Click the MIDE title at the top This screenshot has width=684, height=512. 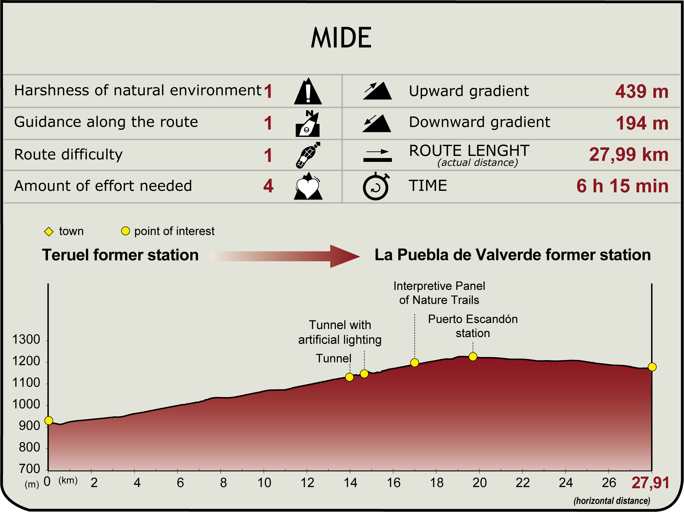(341, 38)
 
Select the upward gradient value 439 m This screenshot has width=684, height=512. (642, 91)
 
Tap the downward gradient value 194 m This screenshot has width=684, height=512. (642, 123)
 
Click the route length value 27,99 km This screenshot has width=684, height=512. (628, 154)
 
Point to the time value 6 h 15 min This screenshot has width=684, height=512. (622, 186)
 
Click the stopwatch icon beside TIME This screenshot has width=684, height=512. (376, 187)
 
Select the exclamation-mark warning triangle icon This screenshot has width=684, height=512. (308, 92)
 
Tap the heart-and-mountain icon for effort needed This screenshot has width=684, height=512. (308, 187)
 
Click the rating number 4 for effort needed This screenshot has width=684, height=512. (268, 186)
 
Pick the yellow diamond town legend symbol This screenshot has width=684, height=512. (49, 231)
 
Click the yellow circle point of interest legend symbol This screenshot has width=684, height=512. (125, 231)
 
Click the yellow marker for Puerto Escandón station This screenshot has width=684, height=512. (473, 357)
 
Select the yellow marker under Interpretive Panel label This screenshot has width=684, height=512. (414, 363)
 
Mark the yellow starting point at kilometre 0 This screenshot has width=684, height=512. (49, 421)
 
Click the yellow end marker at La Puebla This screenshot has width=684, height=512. (652, 367)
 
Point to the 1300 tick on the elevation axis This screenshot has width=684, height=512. (26, 340)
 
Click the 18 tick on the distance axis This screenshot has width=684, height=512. (436, 483)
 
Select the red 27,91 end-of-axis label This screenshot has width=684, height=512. (650, 483)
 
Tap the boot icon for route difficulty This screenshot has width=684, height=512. (308, 155)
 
